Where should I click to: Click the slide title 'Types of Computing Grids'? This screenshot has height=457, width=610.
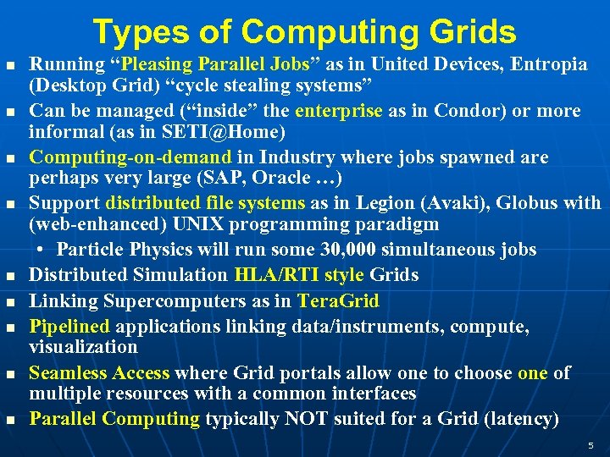[x=304, y=31]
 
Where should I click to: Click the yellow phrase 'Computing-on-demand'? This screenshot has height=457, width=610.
[x=130, y=157]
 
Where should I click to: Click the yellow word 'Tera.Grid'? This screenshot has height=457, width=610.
[x=337, y=300]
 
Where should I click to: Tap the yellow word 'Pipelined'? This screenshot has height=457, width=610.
[x=69, y=327]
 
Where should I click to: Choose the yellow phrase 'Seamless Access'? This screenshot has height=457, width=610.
[x=99, y=373]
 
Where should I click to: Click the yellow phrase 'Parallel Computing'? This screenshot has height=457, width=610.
[x=114, y=419]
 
